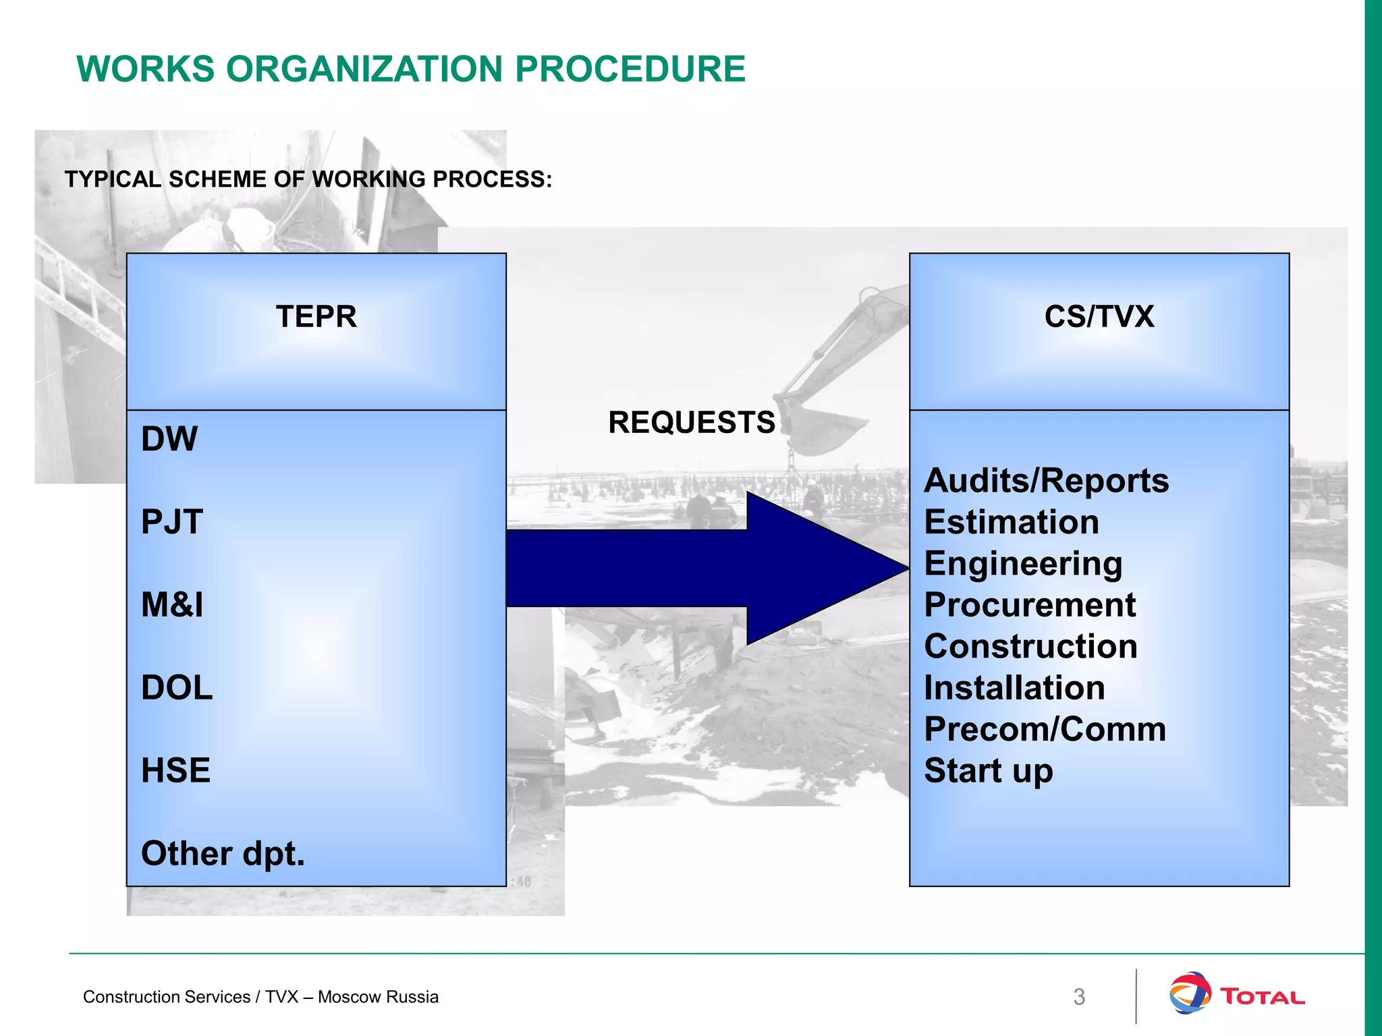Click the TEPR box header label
click(x=316, y=316)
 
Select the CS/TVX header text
click(x=1099, y=316)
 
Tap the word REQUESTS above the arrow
click(x=691, y=423)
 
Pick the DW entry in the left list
click(x=169, y=439)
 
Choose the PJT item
click(x=171, y=522)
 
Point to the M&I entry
click(x=171, y=605)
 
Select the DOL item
click(x=176, y=688)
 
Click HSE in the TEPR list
click(x=175, y=770)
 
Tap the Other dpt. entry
click(x=223, y=853)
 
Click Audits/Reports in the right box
click(x=1046, y=481)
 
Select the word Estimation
click(x=1011, y=522)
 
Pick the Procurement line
click(x=1029, y=605)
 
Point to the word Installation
click(x=1014, y=688)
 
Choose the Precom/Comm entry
click(x=1045, y=729)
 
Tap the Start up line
click(x=988, y=771)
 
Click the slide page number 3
click(x=1079, y=997)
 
